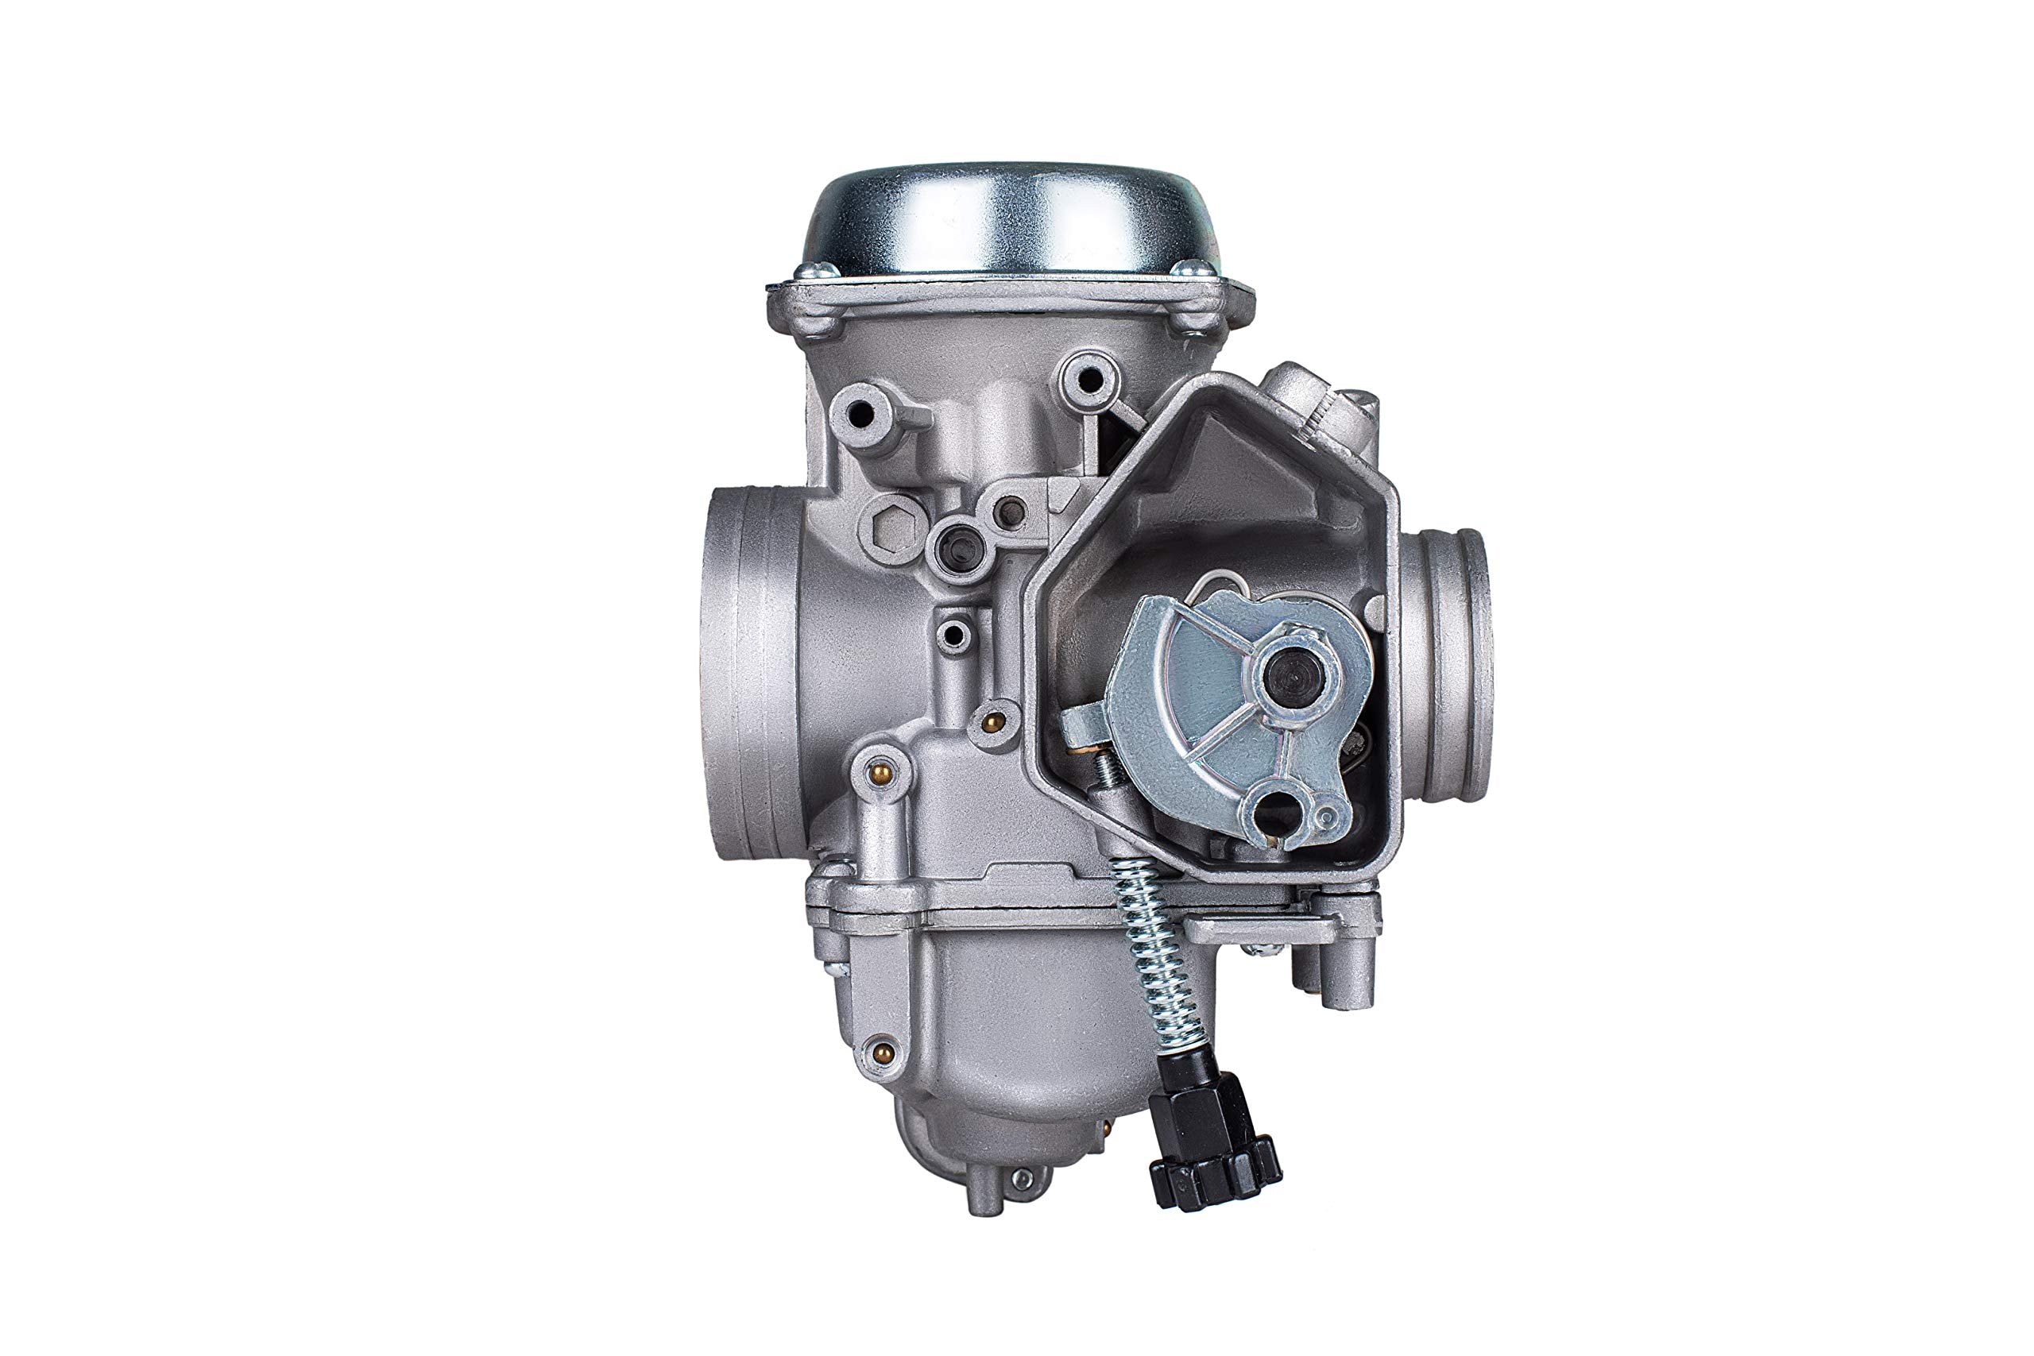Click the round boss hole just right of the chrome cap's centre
pos(1085,378)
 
